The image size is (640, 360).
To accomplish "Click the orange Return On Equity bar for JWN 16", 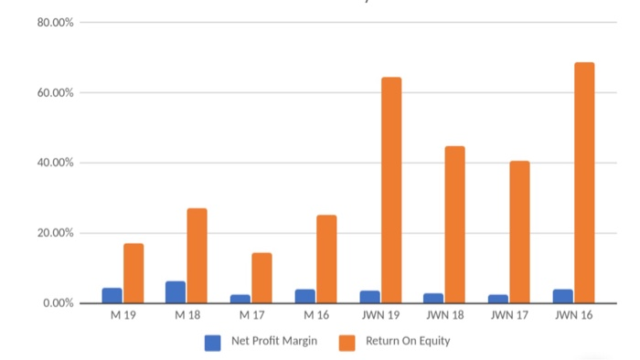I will pos(584,183).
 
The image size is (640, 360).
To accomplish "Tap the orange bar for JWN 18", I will pos(455,225).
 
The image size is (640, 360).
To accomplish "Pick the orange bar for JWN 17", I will pos(519,232).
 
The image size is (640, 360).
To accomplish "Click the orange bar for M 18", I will pos(197,256).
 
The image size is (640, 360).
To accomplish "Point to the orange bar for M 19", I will pos(133,273).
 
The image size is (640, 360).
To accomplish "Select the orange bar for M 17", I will pos(261,278).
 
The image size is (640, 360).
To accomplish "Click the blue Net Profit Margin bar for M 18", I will pos(176,292).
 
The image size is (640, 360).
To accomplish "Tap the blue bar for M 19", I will pos(112,295).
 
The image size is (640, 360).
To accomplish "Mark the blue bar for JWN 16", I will pos(562,296).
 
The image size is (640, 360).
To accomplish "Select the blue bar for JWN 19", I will pos(369,297).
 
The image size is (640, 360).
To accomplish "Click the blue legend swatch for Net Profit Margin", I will pos(212,343).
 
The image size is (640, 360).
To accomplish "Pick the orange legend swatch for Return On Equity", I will pos(347,343).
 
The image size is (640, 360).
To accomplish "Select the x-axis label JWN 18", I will pos(444,316).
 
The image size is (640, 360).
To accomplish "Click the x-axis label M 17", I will pos(251,316).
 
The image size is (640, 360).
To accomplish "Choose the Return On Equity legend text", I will pos(408,342).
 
